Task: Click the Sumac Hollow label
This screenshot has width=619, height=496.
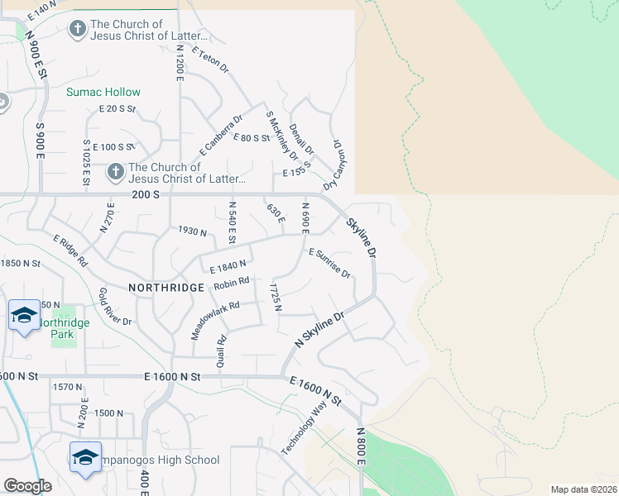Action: coord(103,92)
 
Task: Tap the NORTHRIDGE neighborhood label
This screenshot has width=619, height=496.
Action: coord(166,287)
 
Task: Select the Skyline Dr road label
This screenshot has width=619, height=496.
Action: coord(362,236)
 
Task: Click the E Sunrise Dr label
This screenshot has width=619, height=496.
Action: coord(329,264)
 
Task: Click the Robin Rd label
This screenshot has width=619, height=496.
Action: coord(231,284)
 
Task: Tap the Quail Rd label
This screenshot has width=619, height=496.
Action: coord(221,351)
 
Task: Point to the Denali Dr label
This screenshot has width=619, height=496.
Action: coord(301,139)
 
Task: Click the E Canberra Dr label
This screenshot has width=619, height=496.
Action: coord(220,136)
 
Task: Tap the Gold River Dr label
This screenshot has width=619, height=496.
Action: coord(115,307)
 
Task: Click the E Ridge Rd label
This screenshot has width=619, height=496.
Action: coord(71,251)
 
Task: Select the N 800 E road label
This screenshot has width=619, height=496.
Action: coord(361,446)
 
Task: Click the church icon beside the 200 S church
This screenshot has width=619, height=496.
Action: coord(116,172)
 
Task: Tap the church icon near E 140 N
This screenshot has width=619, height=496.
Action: coord(77,31)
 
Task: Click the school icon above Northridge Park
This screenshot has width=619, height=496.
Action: coord(24,315)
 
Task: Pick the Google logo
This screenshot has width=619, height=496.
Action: coord(27,486)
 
